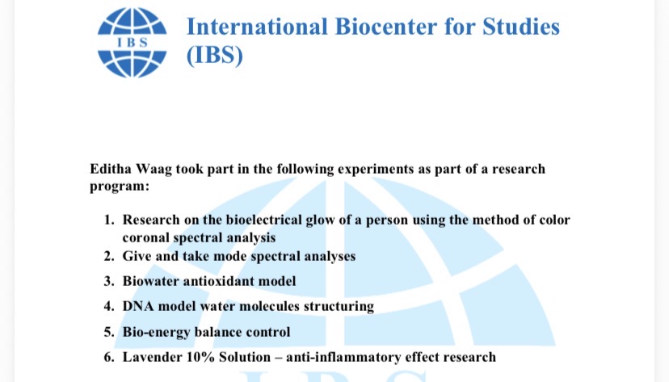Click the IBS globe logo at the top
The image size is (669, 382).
pyautogui.click(x=132, y=43)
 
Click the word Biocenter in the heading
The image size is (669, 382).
pyautogui.click(x=386, y=27)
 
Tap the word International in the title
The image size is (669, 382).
pyautogui.click(x=257, y=27)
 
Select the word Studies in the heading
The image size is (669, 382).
pyautogui.click(x=521, y=27)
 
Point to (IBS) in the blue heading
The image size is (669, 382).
pyautogui.click(x=215, y=56)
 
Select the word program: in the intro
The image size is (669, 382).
pyautogui.click(x=120, y=187)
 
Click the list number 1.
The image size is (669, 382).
pyautogui.click(x=109, y=220)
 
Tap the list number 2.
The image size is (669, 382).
pyautogui.click(x=109, y=256)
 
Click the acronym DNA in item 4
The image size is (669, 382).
pyautogui.click(x=138, y=307)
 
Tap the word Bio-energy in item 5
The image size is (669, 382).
pyautogui.click(x=156, y=333)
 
